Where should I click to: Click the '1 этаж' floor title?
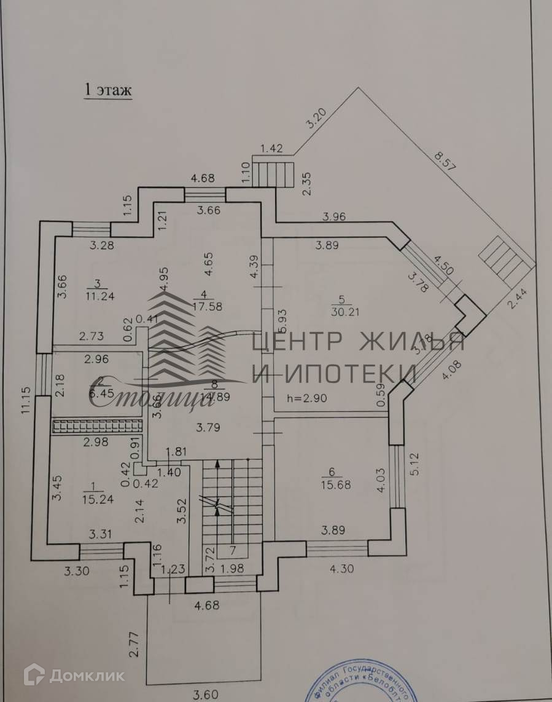click(108, 90)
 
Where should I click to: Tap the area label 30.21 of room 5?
click(343, 312)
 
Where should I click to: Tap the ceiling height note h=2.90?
click(308, 398)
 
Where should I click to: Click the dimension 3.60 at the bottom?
click(207, 696)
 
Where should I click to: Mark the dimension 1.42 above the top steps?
click(272, 148)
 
